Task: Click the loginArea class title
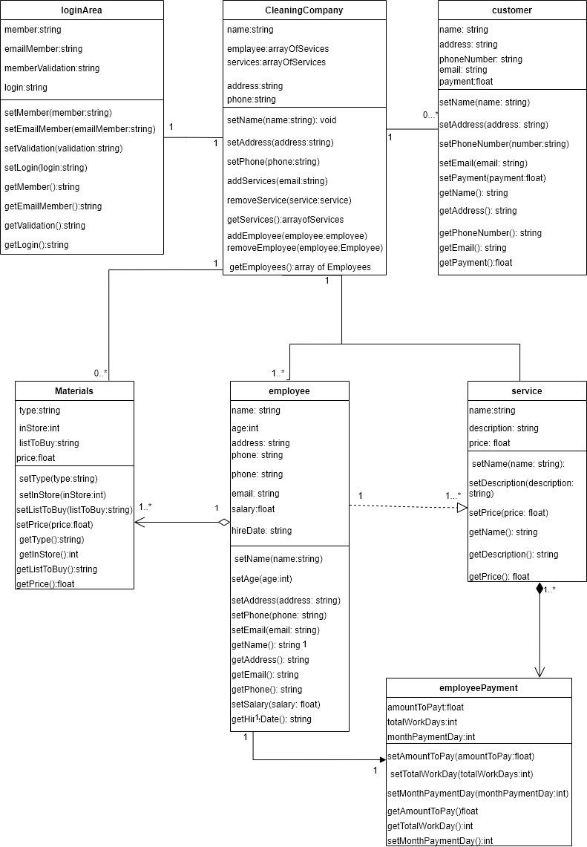(82, 10)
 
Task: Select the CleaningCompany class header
(304, 10)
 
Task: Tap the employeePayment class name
(479, 688)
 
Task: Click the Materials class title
(74, 391)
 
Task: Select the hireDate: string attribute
(261, 531)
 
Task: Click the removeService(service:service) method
(289, 200)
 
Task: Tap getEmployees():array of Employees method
(300, 267)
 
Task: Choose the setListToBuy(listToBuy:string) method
(74, 510)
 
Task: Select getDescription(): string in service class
(514, 555)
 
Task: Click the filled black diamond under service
(540, 589)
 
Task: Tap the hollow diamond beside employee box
(223, 523)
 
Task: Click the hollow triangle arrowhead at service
(462, 507)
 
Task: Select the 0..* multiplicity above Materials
(101, 373)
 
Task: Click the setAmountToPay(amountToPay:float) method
(461, 756)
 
